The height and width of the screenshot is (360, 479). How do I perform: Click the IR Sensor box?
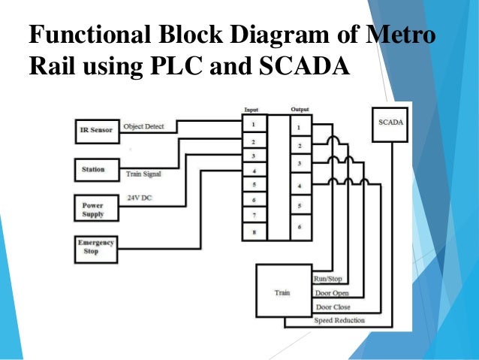click(x=96, y=130)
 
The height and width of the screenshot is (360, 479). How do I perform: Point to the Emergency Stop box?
click(x=96, y=247)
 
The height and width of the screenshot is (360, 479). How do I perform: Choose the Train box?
click(x=283, y=292)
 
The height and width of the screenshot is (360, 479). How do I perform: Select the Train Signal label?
click(x=143, y=174)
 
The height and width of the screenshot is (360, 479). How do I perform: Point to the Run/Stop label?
click(x=328, y=279)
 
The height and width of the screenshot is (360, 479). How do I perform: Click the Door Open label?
click(x=331, y=293)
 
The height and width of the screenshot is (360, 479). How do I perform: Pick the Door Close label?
click(x=333, y=307)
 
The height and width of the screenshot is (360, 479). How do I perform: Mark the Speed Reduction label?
click(x=339, y=321)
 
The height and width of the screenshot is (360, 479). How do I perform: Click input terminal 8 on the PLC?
click(x=254, y=232)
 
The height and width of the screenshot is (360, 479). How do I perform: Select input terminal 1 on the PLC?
click(x=254, y=125)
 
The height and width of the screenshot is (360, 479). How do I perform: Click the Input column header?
click(x=252, y=110)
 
